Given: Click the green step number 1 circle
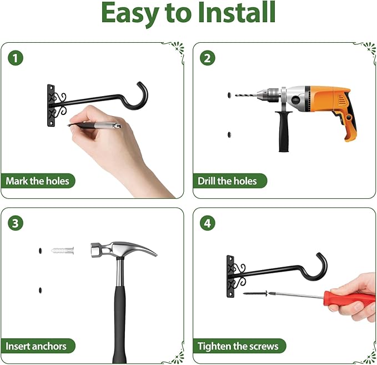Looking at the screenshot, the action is (x=16, y=58).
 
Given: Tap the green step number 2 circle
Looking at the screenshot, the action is (x=208, y=58).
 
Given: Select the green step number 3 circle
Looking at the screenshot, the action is (x=16, y=223).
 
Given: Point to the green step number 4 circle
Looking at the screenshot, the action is (x=208, y=223).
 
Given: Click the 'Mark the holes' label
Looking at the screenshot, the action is (x=38, y=181).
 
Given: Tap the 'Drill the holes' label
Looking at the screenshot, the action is (x=228, y=181).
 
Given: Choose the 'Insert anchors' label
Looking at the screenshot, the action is (x=36, y=346).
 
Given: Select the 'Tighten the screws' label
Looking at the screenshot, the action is (x=238, y=346).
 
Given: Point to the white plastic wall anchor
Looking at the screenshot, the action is (x=63, y=251).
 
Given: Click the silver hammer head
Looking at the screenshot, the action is (x=123, y=250).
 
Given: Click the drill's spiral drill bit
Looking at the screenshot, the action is (x=247, y=96).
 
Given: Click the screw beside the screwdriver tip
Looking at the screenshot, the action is (x=255, y=293).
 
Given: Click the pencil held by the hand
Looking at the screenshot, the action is (x=94, y=125).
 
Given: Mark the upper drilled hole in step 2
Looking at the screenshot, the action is (x=229, y=95).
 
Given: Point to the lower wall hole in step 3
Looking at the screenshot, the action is (x=40, y=290).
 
